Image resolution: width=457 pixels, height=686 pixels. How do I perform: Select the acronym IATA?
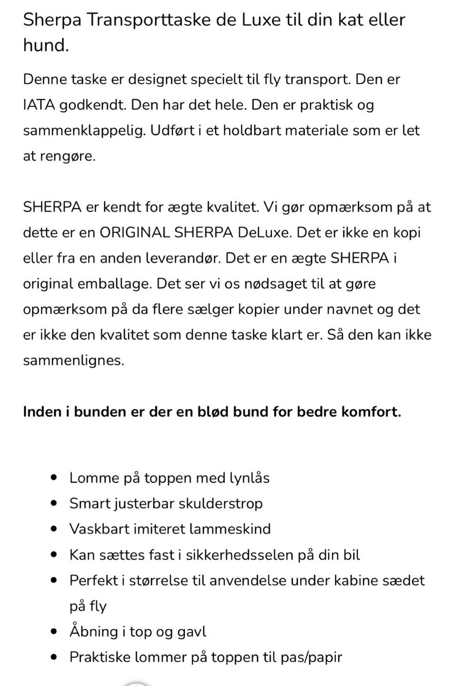39,105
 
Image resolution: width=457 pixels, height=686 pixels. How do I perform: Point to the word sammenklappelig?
84,130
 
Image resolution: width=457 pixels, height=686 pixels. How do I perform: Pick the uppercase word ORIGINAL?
134,233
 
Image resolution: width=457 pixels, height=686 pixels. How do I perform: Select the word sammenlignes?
73,360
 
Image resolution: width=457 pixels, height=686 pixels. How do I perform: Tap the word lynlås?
249,478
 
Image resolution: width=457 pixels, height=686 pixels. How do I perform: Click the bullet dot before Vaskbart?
55,529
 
